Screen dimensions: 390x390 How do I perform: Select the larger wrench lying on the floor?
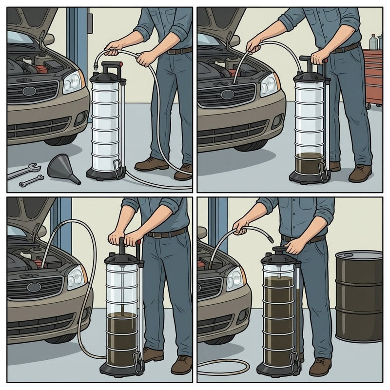(23, 171)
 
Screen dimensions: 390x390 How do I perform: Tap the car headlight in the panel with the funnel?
(72, 82)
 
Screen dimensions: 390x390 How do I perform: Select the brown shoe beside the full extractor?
(320, 366)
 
